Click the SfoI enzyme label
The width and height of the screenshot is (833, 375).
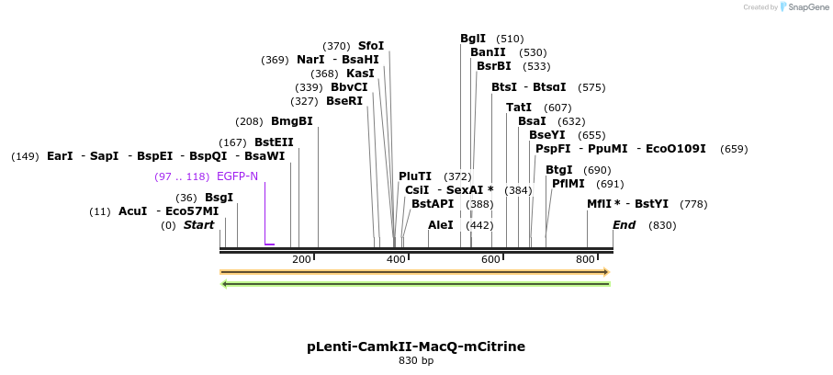(x=371, y=46)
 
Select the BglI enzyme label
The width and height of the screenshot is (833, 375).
(x=473, y=39)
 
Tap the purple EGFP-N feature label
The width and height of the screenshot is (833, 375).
(x=237, y=176)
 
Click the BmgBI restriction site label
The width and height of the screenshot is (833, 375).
(x=291, y=121)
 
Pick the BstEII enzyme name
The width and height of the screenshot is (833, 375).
(x=274, y=142)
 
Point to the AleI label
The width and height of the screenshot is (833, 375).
(x=441, y=225)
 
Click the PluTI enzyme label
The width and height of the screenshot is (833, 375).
(x=415, y=176)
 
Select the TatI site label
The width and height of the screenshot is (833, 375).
(x=519, y=108)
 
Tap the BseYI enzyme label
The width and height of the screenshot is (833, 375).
(x=547, y=135)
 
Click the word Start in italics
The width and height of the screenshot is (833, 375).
(x=198, y=225)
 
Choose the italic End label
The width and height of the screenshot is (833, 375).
(x=625, y=225)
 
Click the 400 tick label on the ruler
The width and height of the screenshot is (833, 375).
(x=396, y=260)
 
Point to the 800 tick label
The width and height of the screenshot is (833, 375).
(x=585, y=260)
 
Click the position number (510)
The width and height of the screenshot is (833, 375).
(x=510, y=39)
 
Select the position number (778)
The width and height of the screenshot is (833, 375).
(x=693, y=204)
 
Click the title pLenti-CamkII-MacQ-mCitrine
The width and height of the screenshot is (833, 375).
(x=416, y=347)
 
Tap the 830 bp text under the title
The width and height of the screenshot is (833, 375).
(x=416, y=361)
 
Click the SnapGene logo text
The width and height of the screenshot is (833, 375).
(x=805, y=7)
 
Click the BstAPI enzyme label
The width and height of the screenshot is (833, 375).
(x=433, y=204)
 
